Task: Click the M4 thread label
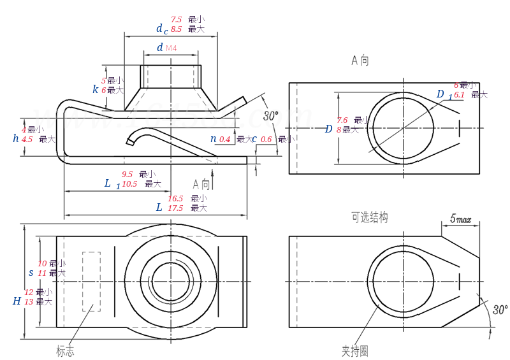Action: coord(171,48)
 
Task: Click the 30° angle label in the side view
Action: coord(271,116)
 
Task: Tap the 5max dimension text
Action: coord(460,219)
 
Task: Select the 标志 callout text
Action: coord(65,350)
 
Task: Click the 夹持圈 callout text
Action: coord(354,350)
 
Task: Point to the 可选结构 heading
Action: coord(369,217)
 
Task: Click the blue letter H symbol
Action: coord(17,301)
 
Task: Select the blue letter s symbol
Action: coord(31,272)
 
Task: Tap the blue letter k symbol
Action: coord(96,90)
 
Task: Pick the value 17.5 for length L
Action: coord(175,208)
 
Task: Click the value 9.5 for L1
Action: coord(127,174)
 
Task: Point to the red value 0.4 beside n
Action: coord(225,139)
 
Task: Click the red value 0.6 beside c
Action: coord(266,139)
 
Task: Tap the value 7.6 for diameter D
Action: coord(342,120)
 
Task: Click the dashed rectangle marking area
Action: coord(91,282)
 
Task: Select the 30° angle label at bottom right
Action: coord(500,310)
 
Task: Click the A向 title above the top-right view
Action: coord(360,61)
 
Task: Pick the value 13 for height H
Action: coord(29,301)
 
